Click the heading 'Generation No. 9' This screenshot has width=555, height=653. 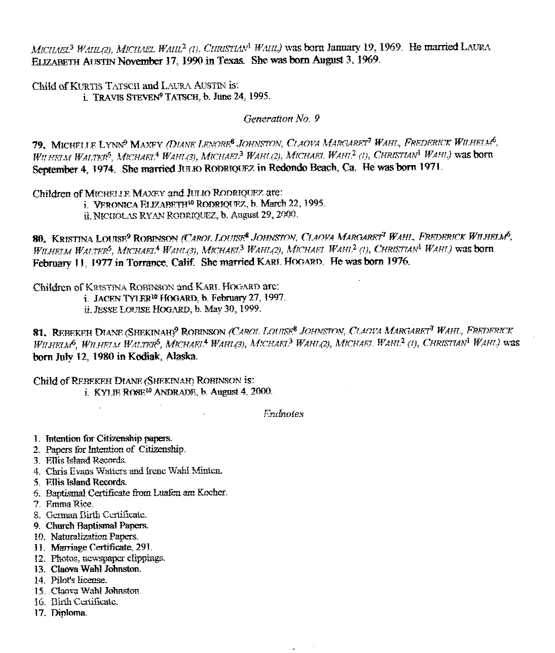click(281, 119)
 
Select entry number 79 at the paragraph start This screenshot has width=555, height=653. click(40, 143)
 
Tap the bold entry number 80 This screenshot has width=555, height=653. click(40, 237)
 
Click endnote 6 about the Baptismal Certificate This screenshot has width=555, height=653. click(137, 493)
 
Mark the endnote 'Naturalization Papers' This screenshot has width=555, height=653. click(94, 536)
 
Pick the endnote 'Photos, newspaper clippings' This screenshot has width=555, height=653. click(107, 558)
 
